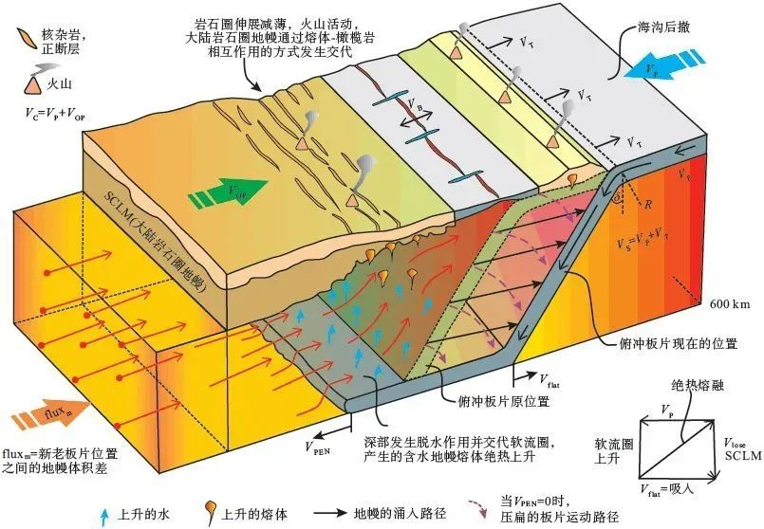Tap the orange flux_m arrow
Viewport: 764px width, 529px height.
tap(51, 414)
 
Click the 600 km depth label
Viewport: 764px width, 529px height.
tap(730, 304)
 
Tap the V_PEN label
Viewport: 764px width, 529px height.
tap(318, 447)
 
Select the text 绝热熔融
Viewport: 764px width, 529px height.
tap(698, 386)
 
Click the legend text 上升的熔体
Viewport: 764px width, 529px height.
tap(254, 514)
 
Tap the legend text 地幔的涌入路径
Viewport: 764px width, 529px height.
tap(400, 514)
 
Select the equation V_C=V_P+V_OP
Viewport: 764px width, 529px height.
tap(55, 114)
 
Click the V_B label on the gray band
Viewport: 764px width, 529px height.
tap(415, 104)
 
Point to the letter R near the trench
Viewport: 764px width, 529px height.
tap(647, 205)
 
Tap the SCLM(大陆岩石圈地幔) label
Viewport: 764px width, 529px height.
tap(156, 242)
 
